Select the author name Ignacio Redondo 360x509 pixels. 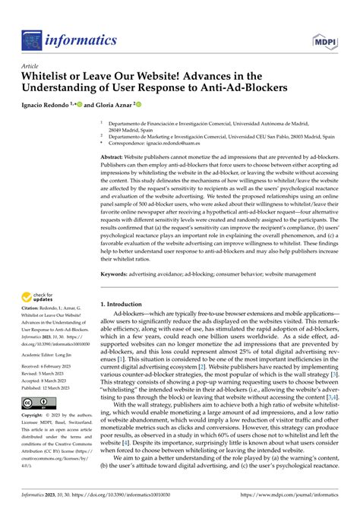[50, 105]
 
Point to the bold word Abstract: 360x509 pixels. [116, 156]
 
